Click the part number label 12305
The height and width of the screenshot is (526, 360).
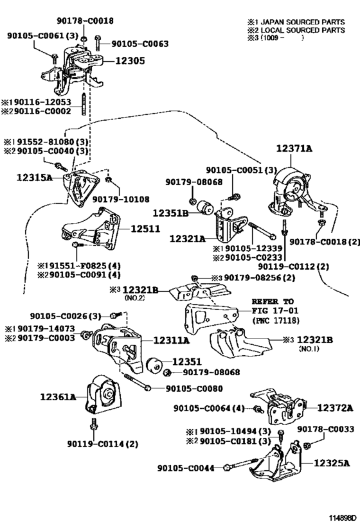click(130, 61)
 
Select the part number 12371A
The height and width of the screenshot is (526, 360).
click(294, 148)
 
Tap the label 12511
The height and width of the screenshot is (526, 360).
click(145, 229)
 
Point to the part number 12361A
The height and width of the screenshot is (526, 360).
click(58, 397)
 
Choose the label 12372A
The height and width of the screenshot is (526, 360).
click(335, 408)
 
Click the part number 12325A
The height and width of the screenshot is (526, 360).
click(332, 463)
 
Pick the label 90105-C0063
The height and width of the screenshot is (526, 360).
click(139, 44)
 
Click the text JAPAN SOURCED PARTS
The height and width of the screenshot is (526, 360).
click(303, 22)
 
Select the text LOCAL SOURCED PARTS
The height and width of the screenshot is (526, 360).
click(303, 30)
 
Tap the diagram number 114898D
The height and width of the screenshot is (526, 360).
click(342, 517)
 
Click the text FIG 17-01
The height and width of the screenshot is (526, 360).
click(275, 311)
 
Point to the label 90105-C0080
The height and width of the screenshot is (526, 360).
click(194, 389)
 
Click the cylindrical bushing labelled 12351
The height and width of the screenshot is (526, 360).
click(155, 365)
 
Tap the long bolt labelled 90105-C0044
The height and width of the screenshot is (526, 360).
click(241, 464)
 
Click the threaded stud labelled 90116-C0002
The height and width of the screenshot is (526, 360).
click(84, 104)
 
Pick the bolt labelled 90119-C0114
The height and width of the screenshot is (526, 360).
click(93, 425)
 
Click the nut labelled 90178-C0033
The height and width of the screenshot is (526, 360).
click(306, 446)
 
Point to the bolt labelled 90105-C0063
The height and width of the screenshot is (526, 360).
click(98, 42)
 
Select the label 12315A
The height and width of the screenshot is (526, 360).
click(35, 177)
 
